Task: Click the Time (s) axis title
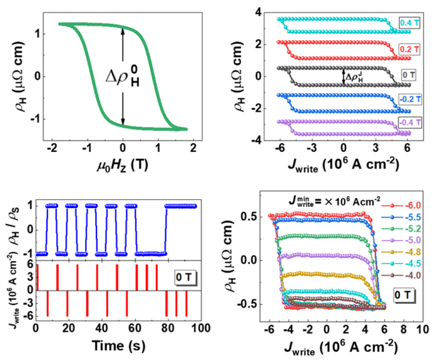coord(118,345)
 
